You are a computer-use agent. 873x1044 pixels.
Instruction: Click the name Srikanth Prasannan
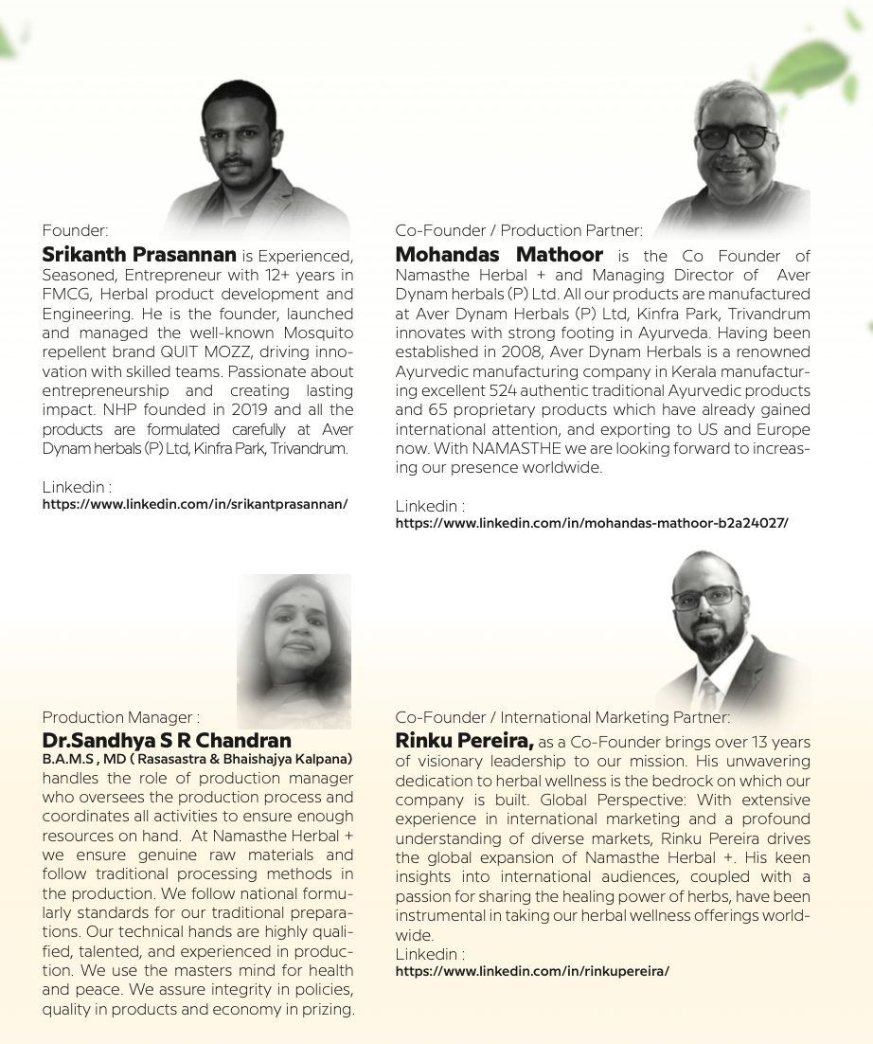click(x=139, y=255)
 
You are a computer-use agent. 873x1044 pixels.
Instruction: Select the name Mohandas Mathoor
click(x=499, y=255)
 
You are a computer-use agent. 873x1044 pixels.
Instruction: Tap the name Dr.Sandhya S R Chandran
click(x=167, y=740)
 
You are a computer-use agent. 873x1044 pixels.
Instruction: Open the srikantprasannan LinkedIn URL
click(x=195, y=505)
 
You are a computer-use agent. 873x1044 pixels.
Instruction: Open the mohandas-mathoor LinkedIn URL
click(x=592, y=523)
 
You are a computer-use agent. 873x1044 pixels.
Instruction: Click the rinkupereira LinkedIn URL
click(x=532, y=971)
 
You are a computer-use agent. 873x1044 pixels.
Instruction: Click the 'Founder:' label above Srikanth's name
click(x=75, y=229)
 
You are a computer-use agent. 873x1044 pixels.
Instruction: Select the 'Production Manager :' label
click(x=120, y=717)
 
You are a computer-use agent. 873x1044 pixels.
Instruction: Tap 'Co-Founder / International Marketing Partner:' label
click(x=562, y=717)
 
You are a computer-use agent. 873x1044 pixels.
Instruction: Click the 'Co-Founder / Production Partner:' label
click(x=519, y=230)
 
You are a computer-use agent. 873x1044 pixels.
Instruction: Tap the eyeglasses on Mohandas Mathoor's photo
click(x=736, y=136)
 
